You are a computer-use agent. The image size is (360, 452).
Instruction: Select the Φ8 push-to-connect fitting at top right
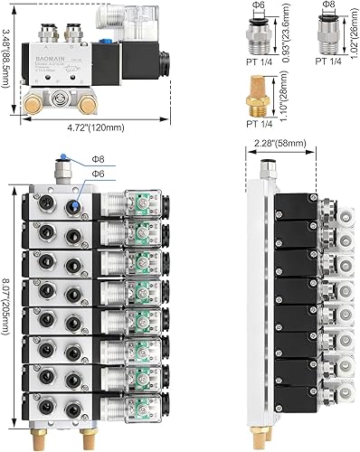[x=327, y=35]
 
